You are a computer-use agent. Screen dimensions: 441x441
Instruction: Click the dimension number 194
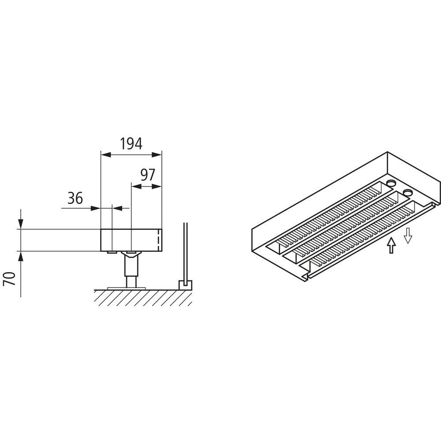pyautogui.click(x=131, y=144)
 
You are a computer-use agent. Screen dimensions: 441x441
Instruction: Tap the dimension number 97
pyautogui.click(x=147, y=175)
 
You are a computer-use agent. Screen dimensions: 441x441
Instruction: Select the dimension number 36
pyautogui.click(x=75, y=198)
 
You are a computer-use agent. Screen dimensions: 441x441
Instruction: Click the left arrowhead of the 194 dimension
pyautogui.click(x=105, y=155)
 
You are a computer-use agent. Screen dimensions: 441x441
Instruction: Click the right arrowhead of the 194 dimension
pyautogui.click(x=157, y=155)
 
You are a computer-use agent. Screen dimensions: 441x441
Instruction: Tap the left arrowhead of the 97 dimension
pyautogui.click(x=136, y=186)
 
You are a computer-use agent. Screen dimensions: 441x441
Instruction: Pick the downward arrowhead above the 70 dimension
pyautogui.click(x=21, y=224)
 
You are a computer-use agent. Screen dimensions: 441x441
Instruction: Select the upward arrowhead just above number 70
pyautogui.click(x=21, y=256)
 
